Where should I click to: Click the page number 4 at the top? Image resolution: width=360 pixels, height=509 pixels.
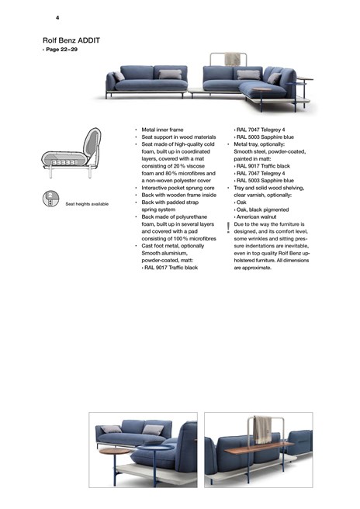tap(57, 17)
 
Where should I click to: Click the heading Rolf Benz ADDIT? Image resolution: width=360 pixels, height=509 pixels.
tap(71, 40)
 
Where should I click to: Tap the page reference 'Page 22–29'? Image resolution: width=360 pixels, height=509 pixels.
tap(61, 49)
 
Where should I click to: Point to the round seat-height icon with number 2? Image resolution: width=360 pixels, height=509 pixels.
tap(50, 199)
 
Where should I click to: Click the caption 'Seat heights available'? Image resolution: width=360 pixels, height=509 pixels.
tap(87, 204)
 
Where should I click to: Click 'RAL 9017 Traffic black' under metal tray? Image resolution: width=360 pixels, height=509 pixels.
tap(262, 165)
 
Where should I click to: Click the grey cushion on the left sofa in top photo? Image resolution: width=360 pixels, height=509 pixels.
tap(170, 74)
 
